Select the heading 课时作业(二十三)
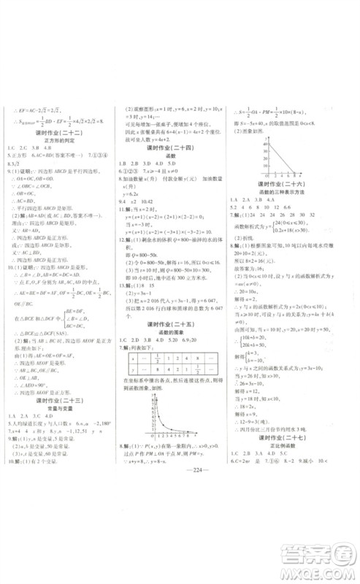coord(61,400)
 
